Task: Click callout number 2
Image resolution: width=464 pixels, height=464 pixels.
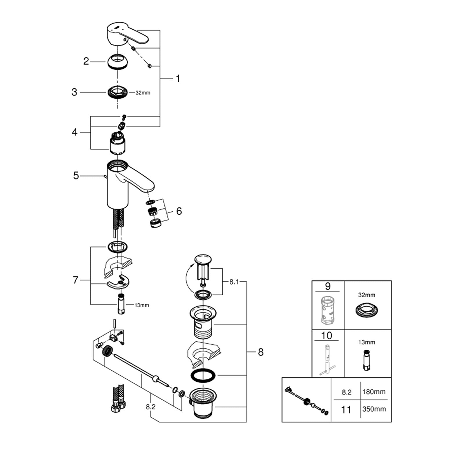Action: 86,61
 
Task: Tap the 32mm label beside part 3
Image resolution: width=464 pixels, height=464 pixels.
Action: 143,93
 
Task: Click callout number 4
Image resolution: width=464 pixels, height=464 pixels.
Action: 75,132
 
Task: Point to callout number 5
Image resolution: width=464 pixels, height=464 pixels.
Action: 76,175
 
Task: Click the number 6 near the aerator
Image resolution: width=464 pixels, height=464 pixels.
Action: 179,211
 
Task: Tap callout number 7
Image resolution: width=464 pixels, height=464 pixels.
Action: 75,280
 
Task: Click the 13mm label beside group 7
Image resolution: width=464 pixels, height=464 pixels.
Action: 142,305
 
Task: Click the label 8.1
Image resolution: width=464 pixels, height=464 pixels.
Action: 234,282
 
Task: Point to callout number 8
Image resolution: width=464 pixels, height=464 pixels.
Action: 260,352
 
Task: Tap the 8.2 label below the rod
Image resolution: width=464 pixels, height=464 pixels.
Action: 151,407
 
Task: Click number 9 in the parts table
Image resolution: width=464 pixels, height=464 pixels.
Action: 328,287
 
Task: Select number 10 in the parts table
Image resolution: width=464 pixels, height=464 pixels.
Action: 327,336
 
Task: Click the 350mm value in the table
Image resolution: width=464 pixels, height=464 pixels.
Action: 374,409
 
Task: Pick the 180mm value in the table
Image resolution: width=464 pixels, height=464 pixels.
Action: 374,392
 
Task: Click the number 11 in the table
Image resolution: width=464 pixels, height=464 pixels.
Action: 346,410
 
